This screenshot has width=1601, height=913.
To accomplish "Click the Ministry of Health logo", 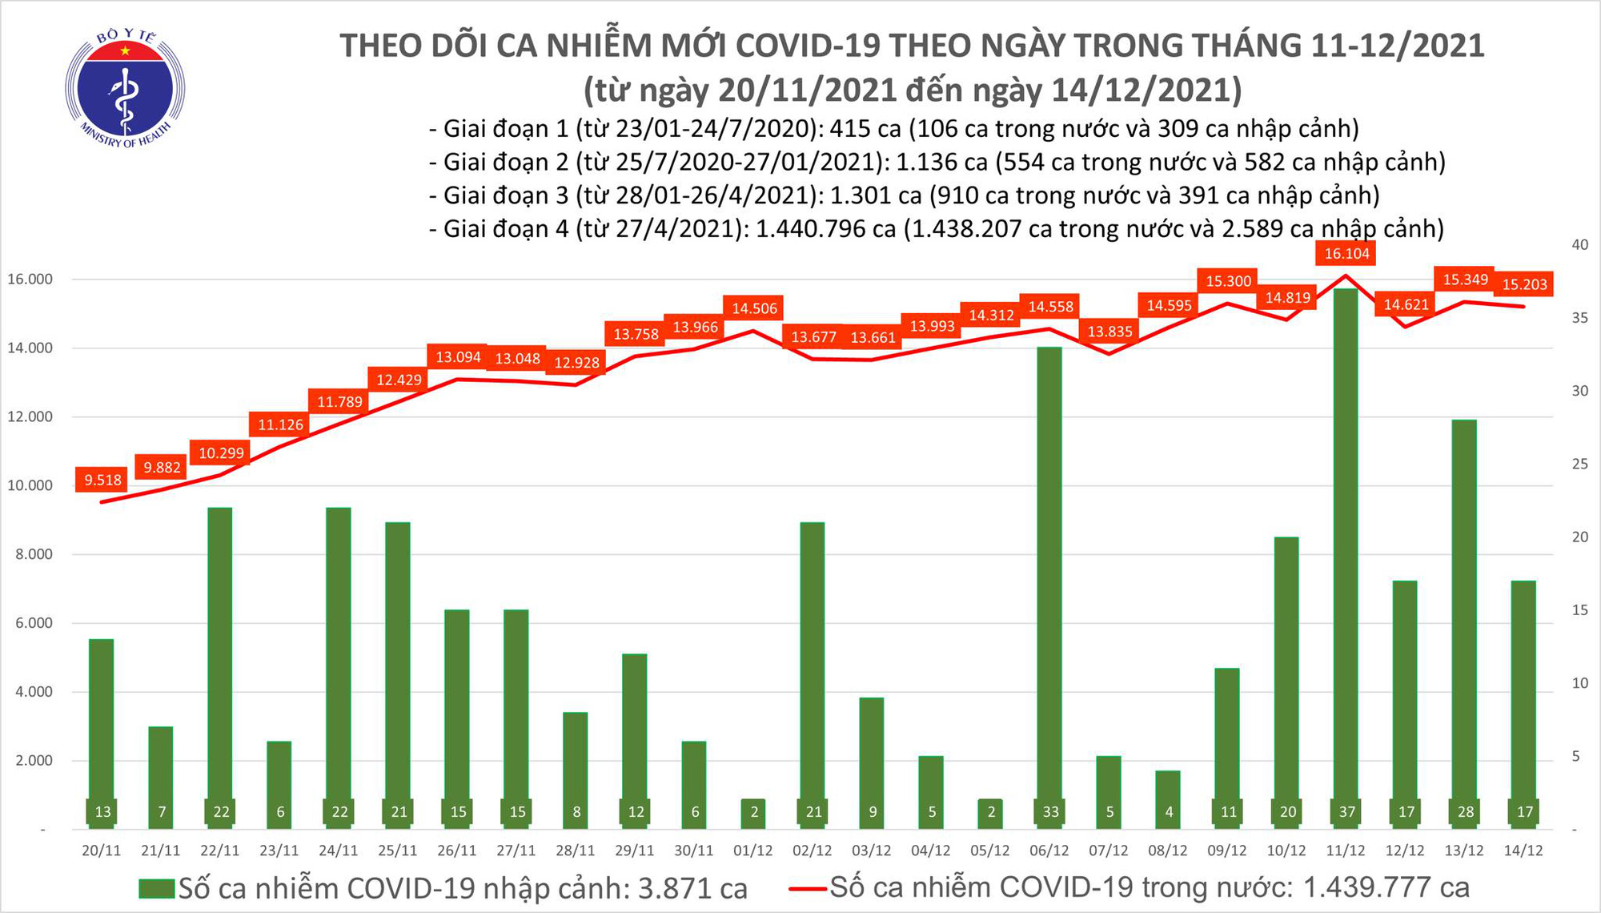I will click(x=125, y=88).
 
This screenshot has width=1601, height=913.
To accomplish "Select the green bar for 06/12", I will click(x=1049, y=577).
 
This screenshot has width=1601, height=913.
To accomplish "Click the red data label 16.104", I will click(x=1346, y=254).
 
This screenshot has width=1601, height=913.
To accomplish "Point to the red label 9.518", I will click(x=103, y=480).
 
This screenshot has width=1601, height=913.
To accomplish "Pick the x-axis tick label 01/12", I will click(x=753, y=851).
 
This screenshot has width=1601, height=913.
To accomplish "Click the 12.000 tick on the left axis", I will click(x=30, y=416).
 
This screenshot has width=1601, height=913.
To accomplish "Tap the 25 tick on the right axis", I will click(x=1580, y=464).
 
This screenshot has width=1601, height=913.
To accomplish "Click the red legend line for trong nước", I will click(x=807, y=888).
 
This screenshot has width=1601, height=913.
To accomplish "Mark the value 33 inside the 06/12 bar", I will click(x=1050, y=812).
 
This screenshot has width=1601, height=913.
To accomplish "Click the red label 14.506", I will click(x=754, y=308).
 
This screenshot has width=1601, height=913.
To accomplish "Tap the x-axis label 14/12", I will click(x=1523, y=851).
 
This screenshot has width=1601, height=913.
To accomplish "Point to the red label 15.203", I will click(x=1524, y=284).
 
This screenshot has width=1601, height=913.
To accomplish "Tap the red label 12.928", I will click(x=576, y=363).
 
